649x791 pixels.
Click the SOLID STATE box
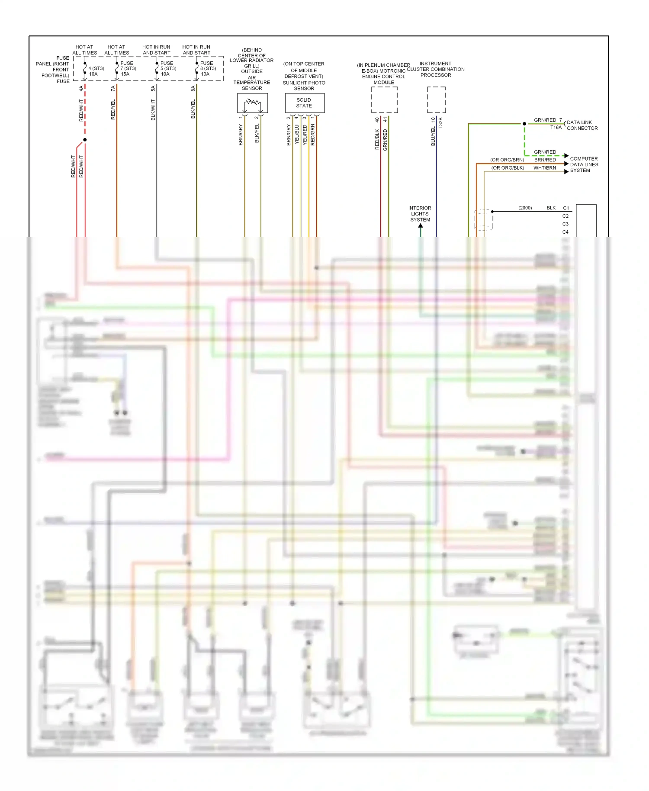(304, 103)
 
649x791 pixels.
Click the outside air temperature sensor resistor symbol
(252, 103)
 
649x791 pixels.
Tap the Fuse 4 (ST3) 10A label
(96, 71)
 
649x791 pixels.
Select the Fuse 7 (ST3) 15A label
(128, 68)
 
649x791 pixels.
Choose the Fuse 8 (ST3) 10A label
(208, 68)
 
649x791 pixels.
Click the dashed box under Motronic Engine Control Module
(384, 100)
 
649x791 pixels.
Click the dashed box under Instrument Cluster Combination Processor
(436, 100)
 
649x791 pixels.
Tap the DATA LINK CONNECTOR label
(582, 125)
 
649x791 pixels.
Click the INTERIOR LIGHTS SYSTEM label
(420, 214)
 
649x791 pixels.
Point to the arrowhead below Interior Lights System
(420, 225)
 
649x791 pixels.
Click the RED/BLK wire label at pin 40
(377, 139)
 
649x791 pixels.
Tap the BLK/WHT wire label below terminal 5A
(153, 110)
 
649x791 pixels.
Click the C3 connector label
(565, 224)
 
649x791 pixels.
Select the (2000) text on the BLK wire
(525, 208)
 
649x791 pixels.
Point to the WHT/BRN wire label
(545, 168)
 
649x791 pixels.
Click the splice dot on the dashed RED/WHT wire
(85, 140)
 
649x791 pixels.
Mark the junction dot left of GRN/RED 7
(524, 124)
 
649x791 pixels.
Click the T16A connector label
(556, 128)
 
